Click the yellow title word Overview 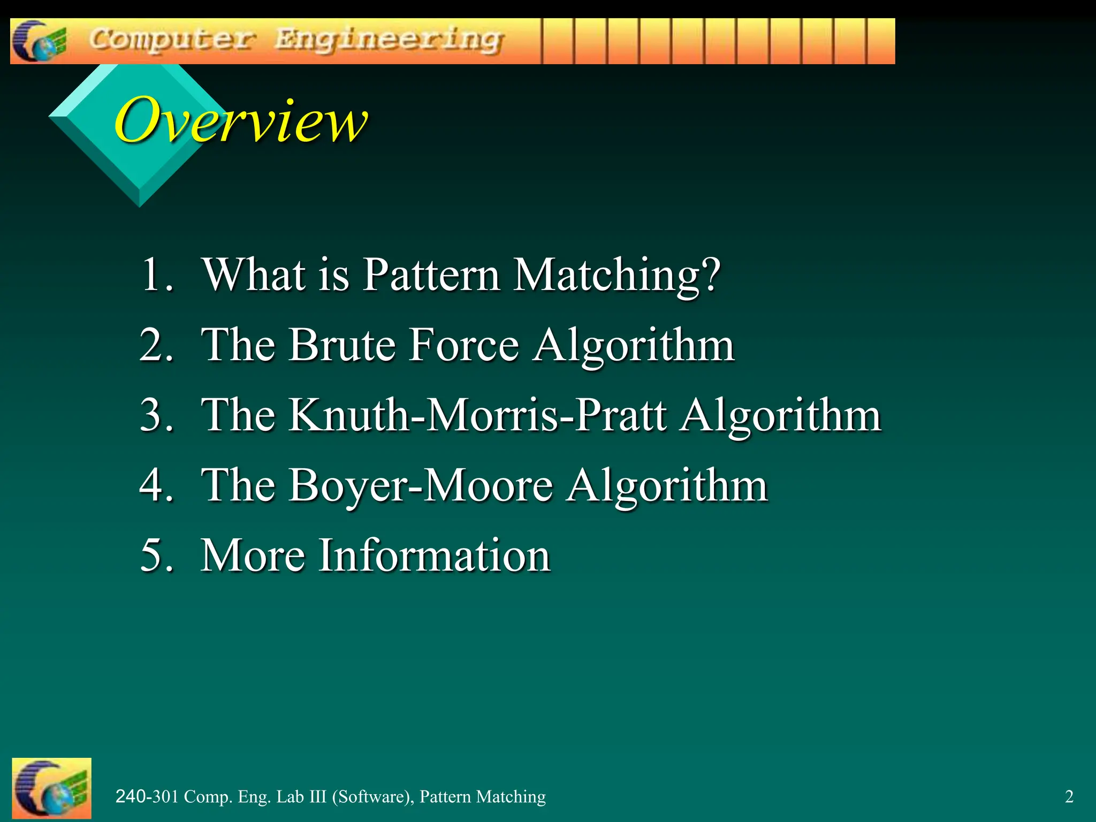pos(241,120)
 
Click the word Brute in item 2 pos(342,345)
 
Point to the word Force pos(464,345)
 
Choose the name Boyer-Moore pos(421,485)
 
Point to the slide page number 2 pos(1069,797)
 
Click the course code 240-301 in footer pos(147,797)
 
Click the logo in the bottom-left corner pos(51,788)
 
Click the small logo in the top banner pos(39,41)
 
